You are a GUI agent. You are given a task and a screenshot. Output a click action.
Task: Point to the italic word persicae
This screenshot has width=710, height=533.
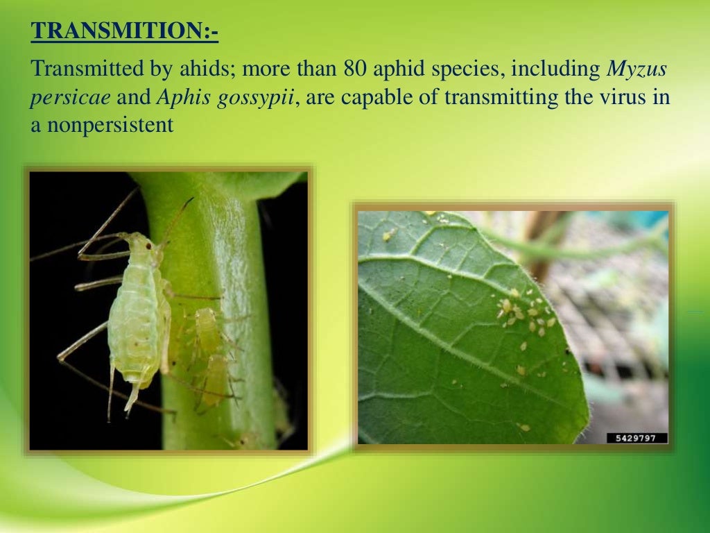[x=70, y=97]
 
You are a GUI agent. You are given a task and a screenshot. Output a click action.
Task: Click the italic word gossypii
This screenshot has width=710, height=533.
[x=262, y=97]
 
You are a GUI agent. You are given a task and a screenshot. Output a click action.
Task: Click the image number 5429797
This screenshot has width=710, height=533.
[x=637, y=438]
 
